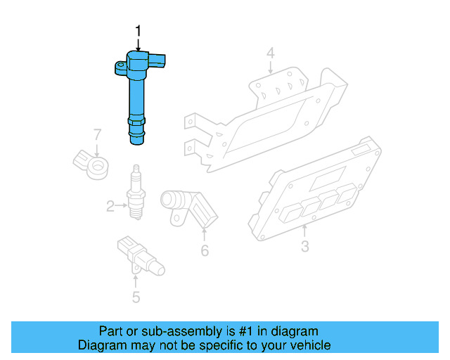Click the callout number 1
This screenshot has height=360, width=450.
pyautogui.click(x=138, y=31)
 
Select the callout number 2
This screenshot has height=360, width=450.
pyautogui.click(x=110, y=206)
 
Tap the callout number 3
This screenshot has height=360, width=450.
pyautogui.click(x=304, y=247)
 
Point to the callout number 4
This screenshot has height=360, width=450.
pyautogui.click(x=271, y=53)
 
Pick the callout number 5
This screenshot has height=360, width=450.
pyautogui.click(x=136, y=297)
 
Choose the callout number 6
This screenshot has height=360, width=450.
pyautogui.click(x=205, y=250)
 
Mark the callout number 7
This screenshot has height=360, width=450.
pyautogui.click(x=98, y=134)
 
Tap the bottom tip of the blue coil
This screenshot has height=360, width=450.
pyautogui.click(x=137, y=143)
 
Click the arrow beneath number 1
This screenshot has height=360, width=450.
pyautogui.click(x=138, y=44)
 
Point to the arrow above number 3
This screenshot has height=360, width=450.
pyautogui.click(x=305, y=230)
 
